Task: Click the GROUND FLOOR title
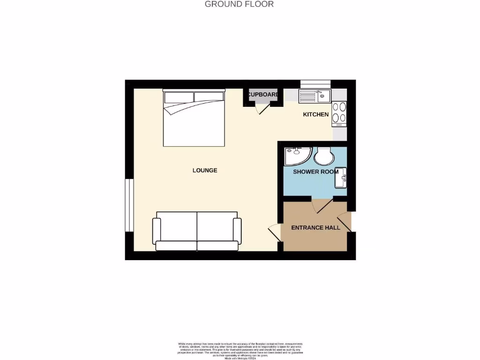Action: [x=239, y=4]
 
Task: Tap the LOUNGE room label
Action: [x=205, y=170]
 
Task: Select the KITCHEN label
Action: [x=315, y=114]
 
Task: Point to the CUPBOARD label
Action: [x=263, y=95]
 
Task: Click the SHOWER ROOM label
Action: [x=315, y=172]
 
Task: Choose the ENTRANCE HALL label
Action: [x=315, y=228]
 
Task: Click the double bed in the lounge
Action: [x=194, y=119]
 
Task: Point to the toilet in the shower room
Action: [x=323, y=156]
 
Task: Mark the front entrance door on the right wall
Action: [x=345, y=220]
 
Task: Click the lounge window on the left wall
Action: [x=127, y=205]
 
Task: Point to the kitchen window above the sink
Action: [x=315, y=84]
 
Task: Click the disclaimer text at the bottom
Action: [x=240, y=351]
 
